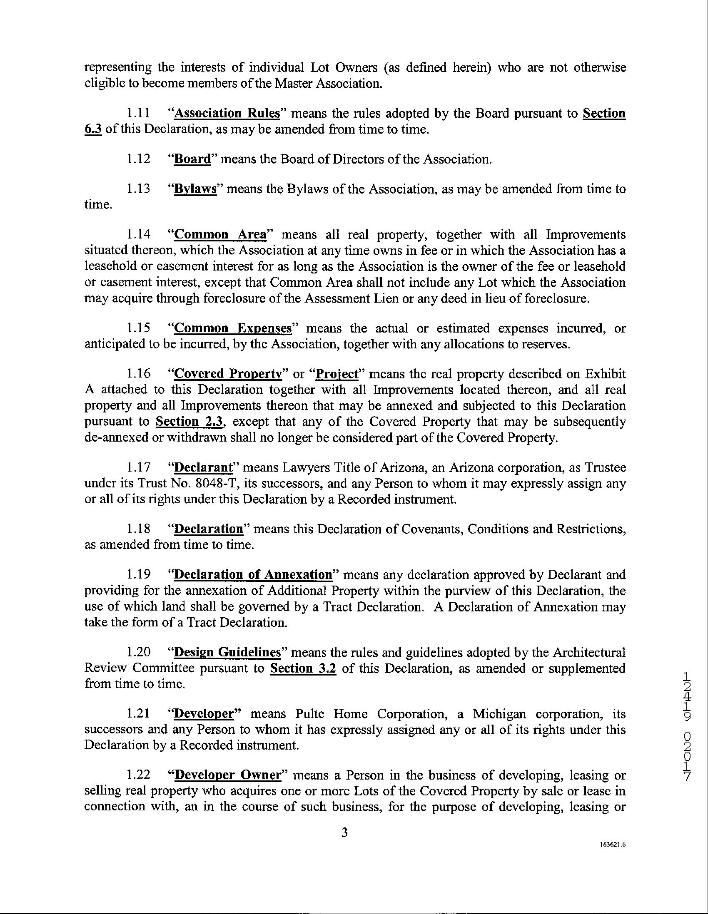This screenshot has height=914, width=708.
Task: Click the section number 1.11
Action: [139, 114]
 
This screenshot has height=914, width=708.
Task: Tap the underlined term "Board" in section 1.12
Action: [192, 159]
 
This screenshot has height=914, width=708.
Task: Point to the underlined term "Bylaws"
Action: [195, 189]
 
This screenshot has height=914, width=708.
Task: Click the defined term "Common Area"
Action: [220, 234]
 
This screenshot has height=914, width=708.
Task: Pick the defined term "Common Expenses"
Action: [232, 328]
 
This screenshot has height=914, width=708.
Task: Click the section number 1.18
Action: [139, 529]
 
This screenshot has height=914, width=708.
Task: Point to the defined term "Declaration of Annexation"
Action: [253, 575]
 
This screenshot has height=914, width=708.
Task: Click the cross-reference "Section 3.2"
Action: [303, 668]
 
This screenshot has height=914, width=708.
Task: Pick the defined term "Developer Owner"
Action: [227, 775]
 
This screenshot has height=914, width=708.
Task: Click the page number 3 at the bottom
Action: [344, 833]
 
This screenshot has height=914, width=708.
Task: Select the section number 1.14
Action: [139, 234]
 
